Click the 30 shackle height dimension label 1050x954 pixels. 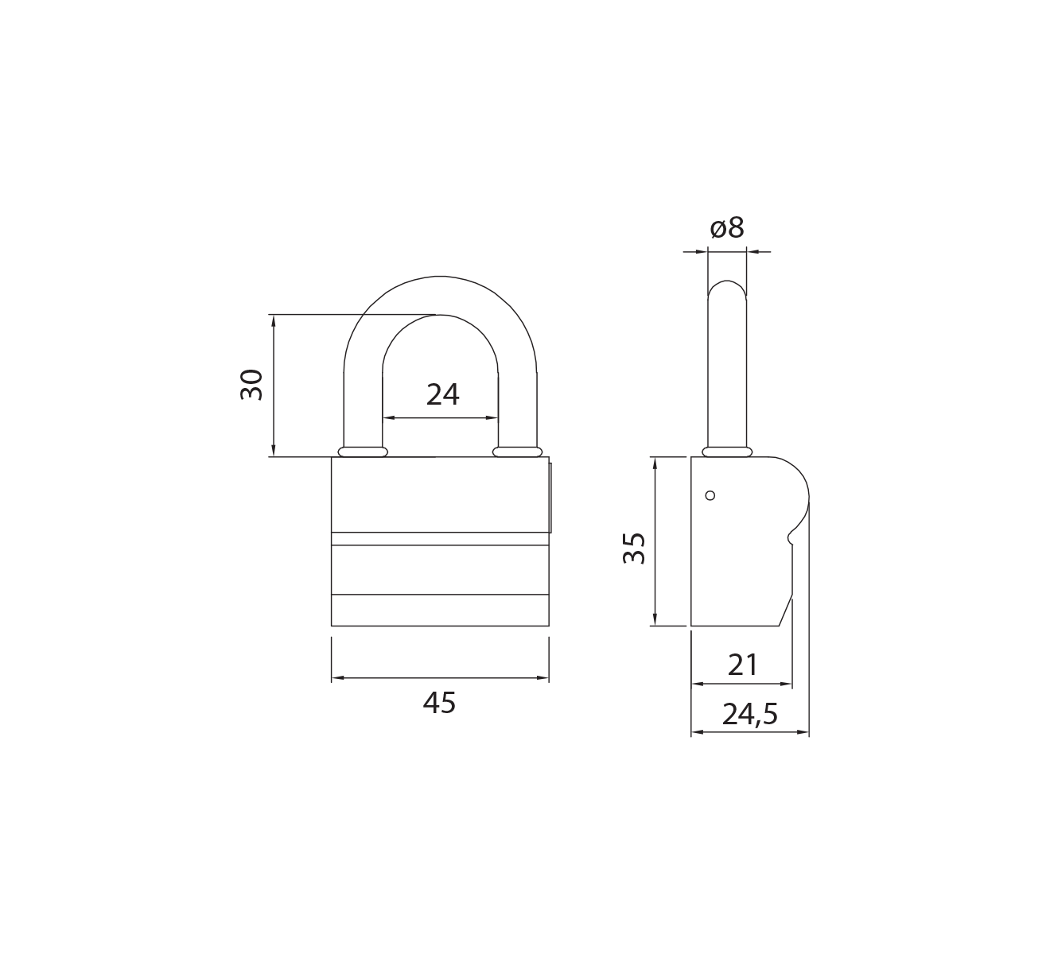pos(251,385)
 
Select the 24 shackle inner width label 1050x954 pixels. pos(442,394)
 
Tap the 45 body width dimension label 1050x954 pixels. pos(439,703)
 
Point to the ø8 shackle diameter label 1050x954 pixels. pos(727,227)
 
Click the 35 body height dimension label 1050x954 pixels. pos(634,548)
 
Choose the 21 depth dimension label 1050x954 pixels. pos(743,665)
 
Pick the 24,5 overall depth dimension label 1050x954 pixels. pos(750,715)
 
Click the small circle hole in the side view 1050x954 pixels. pos(710,495)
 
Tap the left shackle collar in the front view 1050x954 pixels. pos(363,452)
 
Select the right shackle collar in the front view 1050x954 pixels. pos(517,452)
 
